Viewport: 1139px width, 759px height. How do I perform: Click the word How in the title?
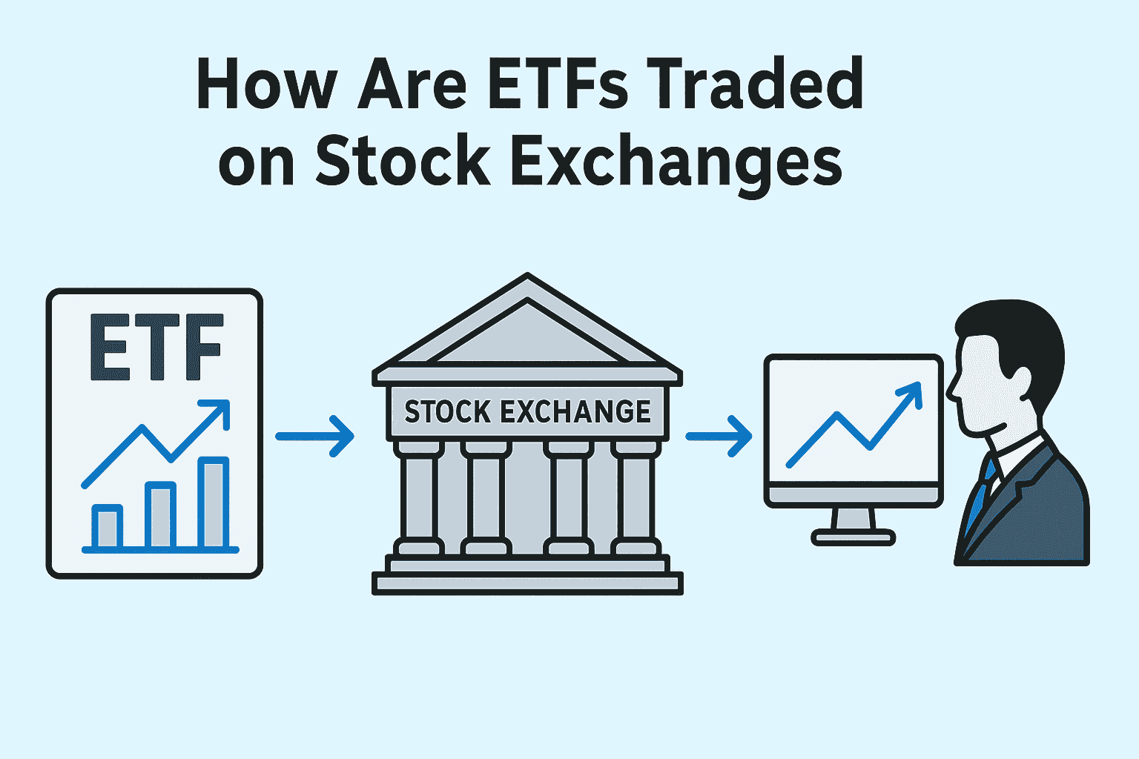[265, 83]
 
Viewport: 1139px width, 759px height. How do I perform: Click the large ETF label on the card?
[156, 348]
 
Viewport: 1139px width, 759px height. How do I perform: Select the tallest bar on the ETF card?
[214, 504]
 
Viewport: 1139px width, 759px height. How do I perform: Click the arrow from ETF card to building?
[314, 437]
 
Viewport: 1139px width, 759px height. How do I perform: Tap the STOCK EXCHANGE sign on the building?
[527, 412]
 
